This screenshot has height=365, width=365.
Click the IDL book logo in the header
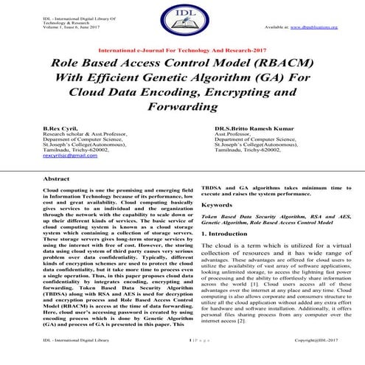(181, 22)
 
